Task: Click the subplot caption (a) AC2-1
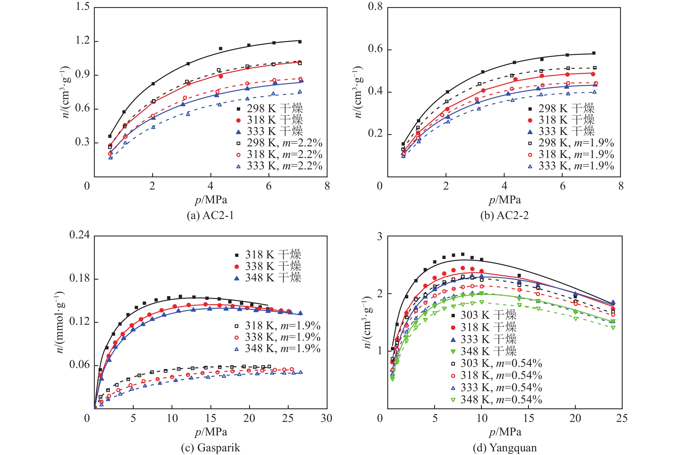click(x=210, y=216)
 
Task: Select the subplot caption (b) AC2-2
click(x=504, y=216)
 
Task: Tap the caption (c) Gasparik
click(x=210, y=447)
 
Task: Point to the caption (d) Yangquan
click(x=505, y=447)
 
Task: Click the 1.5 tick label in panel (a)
click(x=83, y=7)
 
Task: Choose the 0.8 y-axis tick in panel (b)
click(x=375, y=7)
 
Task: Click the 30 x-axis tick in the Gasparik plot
click(x=326, y=418)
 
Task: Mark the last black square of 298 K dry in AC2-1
click(x=300, y=42)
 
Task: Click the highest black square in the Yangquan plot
click(x=463, y=254)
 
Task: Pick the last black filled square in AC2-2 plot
click(x=594, y=53)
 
